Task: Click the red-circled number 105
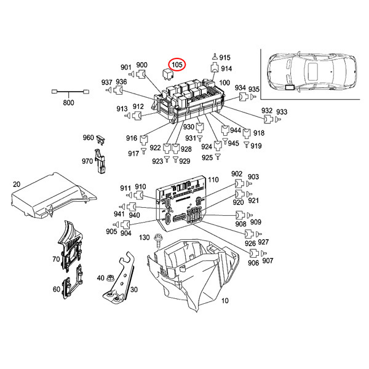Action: pos(177,64)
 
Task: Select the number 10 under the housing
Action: pos(224,301)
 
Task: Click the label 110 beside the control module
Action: pos(213,180)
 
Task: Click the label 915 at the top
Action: pos(224,57)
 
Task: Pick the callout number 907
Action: pos(268,261)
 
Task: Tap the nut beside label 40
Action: pos(110,279)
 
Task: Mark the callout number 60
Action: pos(56,289)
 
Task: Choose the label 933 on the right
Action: pos(282,112)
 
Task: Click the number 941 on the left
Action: pos(119,214)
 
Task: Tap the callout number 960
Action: pos(87,138)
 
